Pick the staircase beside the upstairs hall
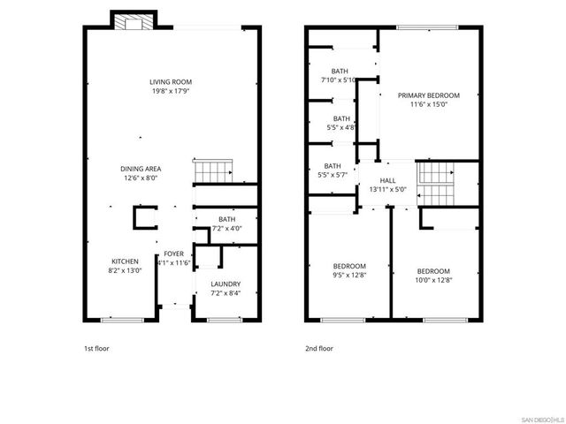tap(437, 184)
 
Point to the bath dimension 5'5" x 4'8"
tap(340, 127)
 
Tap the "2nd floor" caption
tap(319, 348)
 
